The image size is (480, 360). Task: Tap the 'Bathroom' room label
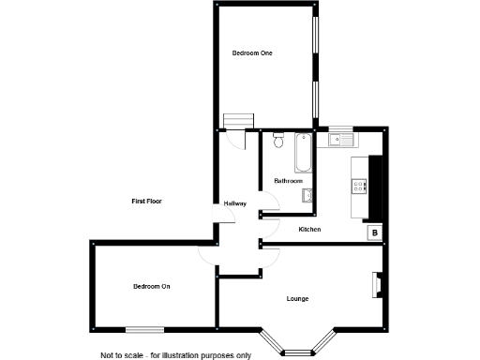pyautogui.click(x=288, y=180)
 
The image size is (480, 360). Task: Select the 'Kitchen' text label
pyautogui.click(x=310, y=230)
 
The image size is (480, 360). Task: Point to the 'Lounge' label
pyautogui.click(x=298, y=299)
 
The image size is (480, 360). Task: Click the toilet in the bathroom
pyautogui.click(x=277, y=142)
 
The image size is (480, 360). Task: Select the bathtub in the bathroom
pyautogui.click(x=302, y=154)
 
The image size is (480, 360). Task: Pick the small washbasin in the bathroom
pyautogui.click(x=307, y=195)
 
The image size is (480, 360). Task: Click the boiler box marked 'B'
pyautogui.click(x=373, y=232)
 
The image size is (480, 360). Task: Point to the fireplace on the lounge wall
pyautogui.click(x=378, y=284)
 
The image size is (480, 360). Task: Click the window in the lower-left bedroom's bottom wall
pyautogui.click(x=144, y=329)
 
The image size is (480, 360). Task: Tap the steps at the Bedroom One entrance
pyautogui.click(x=239, y=120)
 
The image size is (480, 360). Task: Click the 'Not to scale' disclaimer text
pyautogui.click(x=176, y=354)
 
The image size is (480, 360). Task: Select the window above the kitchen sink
pyautogui.click(x=339, y=128)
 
